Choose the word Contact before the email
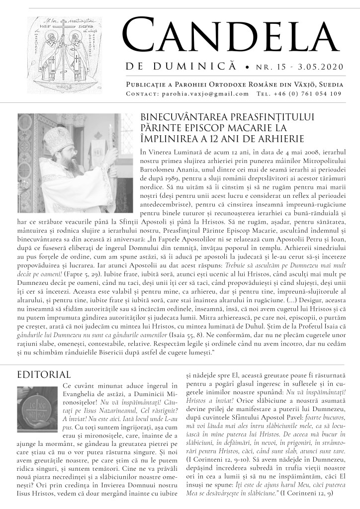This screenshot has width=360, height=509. point(142,93)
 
